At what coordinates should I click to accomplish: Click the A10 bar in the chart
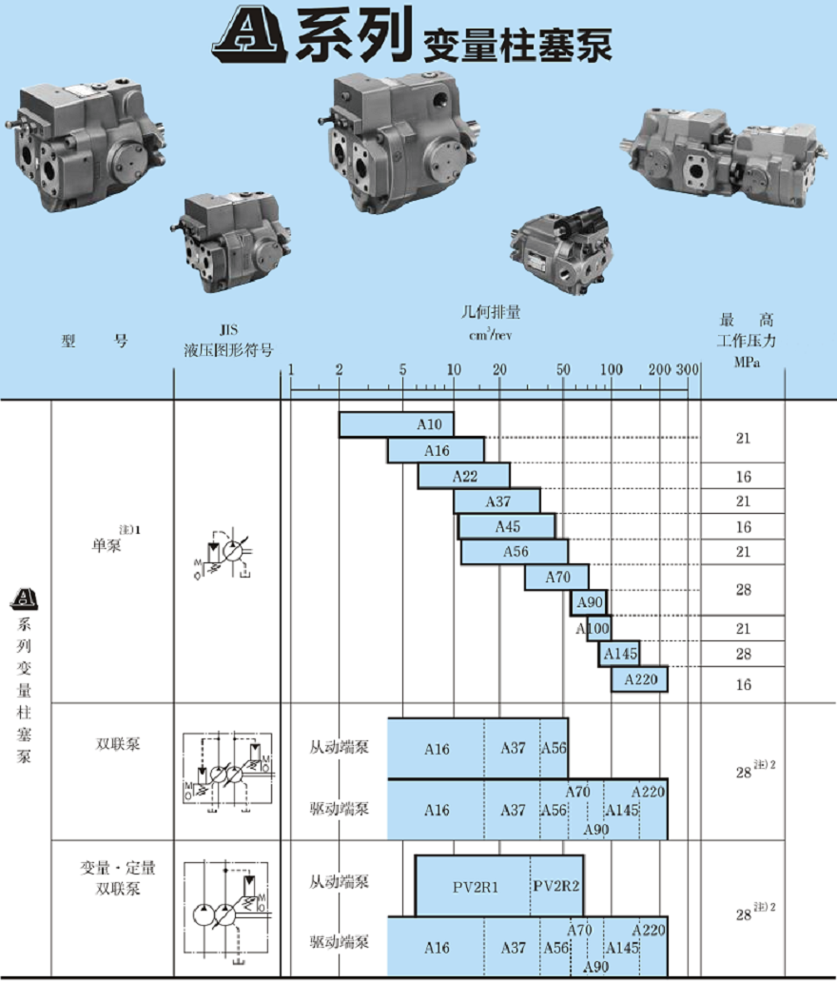pyautogui.click(x=397, y=425)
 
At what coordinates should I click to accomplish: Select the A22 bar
pyautogui.click(x=464, y=476)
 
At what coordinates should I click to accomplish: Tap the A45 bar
pyautogui.click(x=507, y=526)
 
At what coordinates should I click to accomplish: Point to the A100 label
pyautogui.click(x=593, y=629)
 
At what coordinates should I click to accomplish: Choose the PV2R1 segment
pyautogui.click(x=475, y=886)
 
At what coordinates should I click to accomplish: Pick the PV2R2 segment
pyautogui.click(x=556, y=886)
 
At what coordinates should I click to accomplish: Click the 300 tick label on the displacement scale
pyautogui.click(x=688, y=368)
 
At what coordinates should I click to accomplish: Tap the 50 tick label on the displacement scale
pyautogui.click(x=563, y=368)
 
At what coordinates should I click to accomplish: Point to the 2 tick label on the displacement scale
pyautogui.click(x=339, y=368)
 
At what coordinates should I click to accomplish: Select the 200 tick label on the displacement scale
pyautogui.click(x=658, y=368)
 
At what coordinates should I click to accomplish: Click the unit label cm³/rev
pyautogui.click(x=491, y=334)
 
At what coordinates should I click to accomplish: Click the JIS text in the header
pyautogui.click(x=227, y=330)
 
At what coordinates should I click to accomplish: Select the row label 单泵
pyautogui.click(x=107, y=545)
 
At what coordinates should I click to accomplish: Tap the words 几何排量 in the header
pyautogui.click(x=491, y=312)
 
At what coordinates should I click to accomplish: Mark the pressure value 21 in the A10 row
pyautogui.click(x=743, y=438)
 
